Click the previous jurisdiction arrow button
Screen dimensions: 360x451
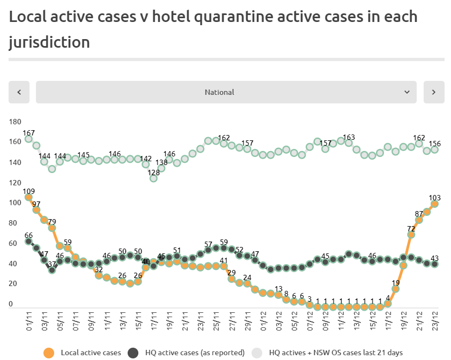[19, 92]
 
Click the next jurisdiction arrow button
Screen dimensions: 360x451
[434, 92]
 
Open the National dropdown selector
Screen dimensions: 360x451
[226, 92]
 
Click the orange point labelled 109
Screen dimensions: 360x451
[28, 198]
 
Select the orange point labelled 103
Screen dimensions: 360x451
[435, 204]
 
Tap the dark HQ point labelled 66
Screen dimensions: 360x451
[28, 242]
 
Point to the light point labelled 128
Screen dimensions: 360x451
[153, 178]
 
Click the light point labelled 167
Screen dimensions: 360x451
[28, 139]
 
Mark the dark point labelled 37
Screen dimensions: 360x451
[52, 270]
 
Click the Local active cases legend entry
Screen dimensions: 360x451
[83, 352]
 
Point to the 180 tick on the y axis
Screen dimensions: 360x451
[14, 122]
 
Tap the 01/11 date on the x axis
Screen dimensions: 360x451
[29, 323]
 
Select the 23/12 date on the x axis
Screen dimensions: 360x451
[435, 323]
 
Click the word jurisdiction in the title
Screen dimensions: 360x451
[49, 42]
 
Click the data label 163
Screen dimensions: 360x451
[349, 137]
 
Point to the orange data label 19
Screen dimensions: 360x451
[396, 283]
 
